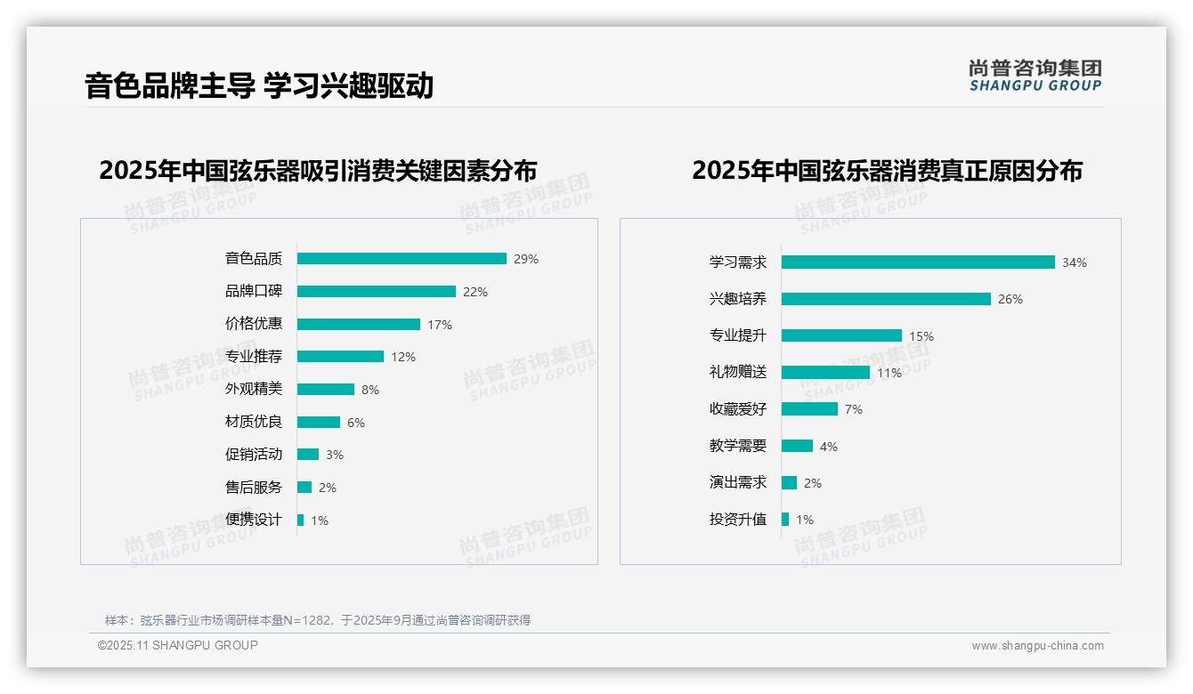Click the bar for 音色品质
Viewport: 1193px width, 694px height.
pyautogui.click(x=402, y=259)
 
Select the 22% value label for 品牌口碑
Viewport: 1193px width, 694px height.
pyautogui.click(x=475, y=292)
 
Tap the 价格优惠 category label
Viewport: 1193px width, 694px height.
pyautogui.click(x=253, y=324)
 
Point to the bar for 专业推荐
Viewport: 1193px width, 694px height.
pyautogui.click(x=340, y=357)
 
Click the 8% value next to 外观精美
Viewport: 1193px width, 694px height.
pyautogui.click(x=370, y=390)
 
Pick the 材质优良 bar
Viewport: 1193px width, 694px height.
pyautogui.click(x=319, y=422)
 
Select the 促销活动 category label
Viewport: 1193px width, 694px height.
pyautogui.click(x=253, y=455)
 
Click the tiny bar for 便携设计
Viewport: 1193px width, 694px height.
pyautogui.click(x=300, y=520)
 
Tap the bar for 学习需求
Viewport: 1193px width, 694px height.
pyautogui.click(x=918, y=262)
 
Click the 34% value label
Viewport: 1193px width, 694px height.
pyautogui.click(x=1074, y=262)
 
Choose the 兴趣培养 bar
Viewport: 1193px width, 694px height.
pyautogui.click(x=886, y=299)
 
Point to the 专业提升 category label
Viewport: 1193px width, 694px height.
pyautogui.click(x=737, y=335)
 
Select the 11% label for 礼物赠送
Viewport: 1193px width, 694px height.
pyautogui.click(x=889, y=373)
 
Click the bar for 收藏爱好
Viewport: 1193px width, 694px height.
pyautogui.click(x=809, y=409)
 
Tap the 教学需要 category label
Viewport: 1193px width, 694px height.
pyautogui.click(x=737, y=446)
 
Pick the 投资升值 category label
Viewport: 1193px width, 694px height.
pyautogui.click(x=737, y=520)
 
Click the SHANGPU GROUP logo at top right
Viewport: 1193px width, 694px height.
pyautogui.click(x=1035, y=75)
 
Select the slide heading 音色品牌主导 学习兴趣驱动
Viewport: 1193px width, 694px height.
pyautogui.click(x=259, y=85)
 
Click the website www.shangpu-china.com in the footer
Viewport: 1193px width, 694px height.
pyautogui.click(x=1037, y=646)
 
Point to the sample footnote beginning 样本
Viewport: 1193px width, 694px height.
pyautogui.click(x=318, y=620)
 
